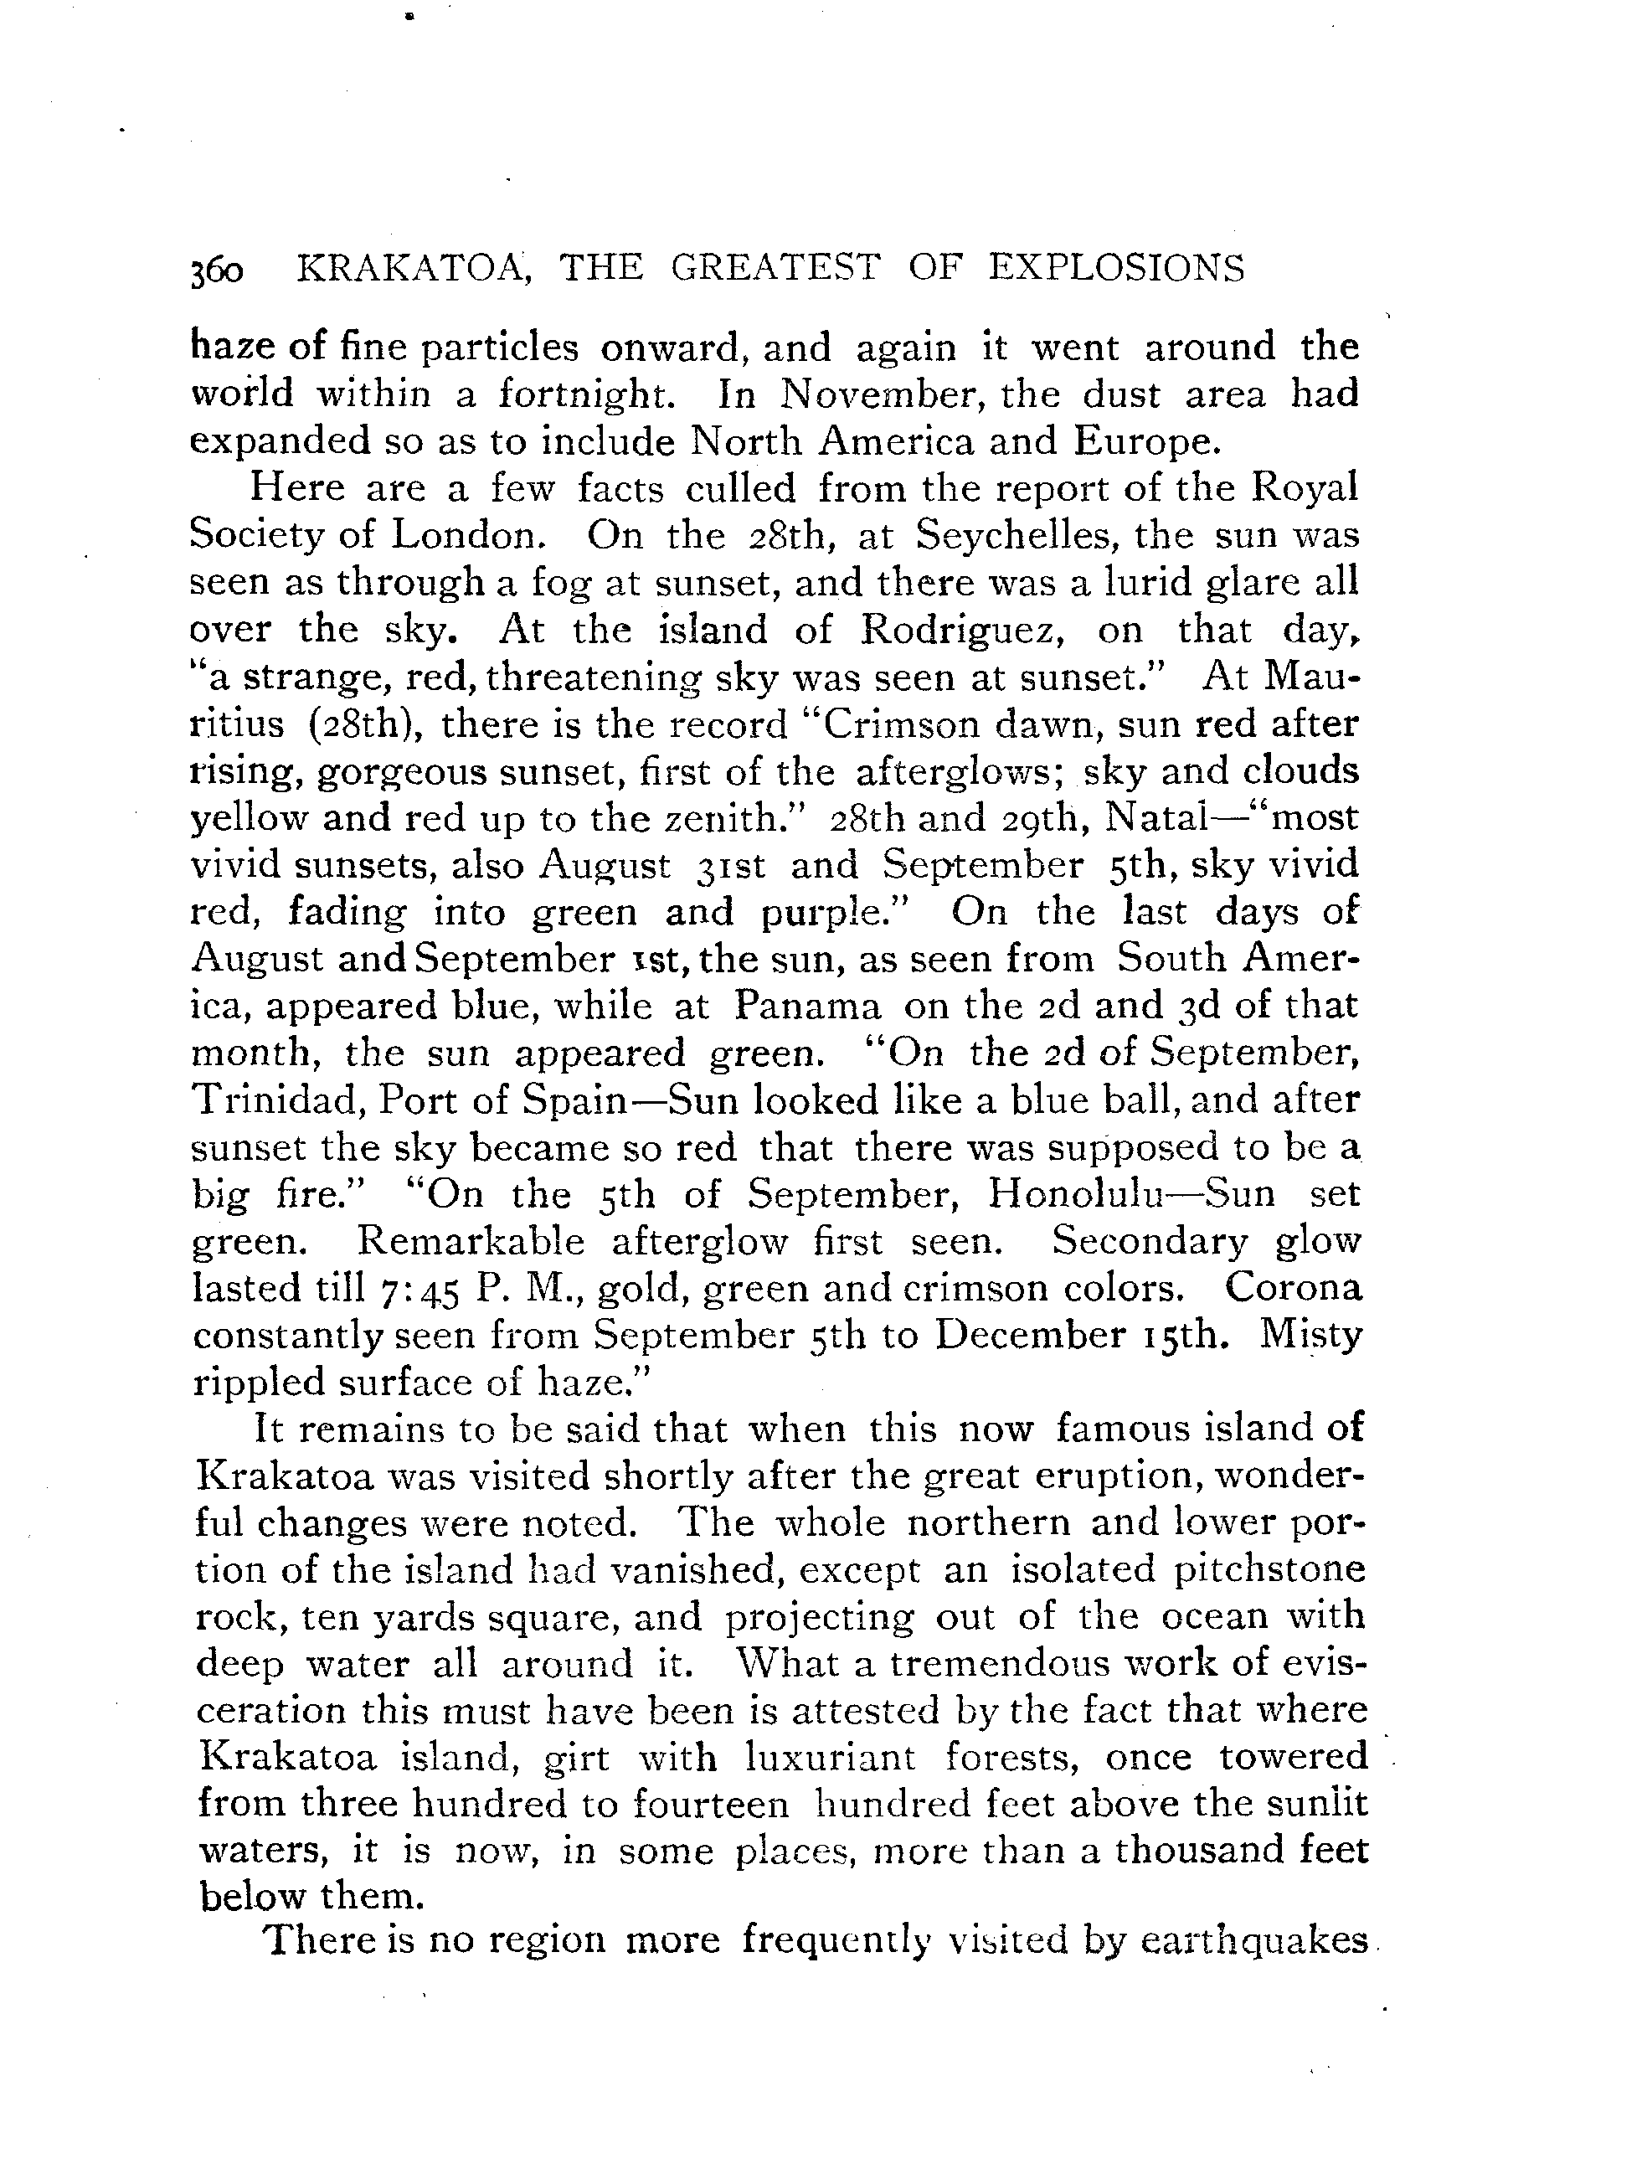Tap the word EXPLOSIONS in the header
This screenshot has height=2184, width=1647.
(1117, 269)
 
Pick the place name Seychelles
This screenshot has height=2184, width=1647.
(1014, 535)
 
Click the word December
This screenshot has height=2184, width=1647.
(1032, 1335)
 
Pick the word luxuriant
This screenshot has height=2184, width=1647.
(831, 1758)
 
